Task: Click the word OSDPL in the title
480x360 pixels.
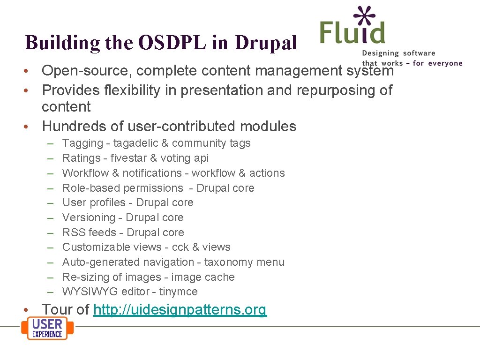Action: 172,43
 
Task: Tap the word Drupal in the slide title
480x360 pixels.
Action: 267,43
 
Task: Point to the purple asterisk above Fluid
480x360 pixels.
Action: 365,16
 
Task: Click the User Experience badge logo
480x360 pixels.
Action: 47,328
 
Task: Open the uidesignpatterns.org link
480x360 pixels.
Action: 180,310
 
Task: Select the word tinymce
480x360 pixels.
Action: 178,292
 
